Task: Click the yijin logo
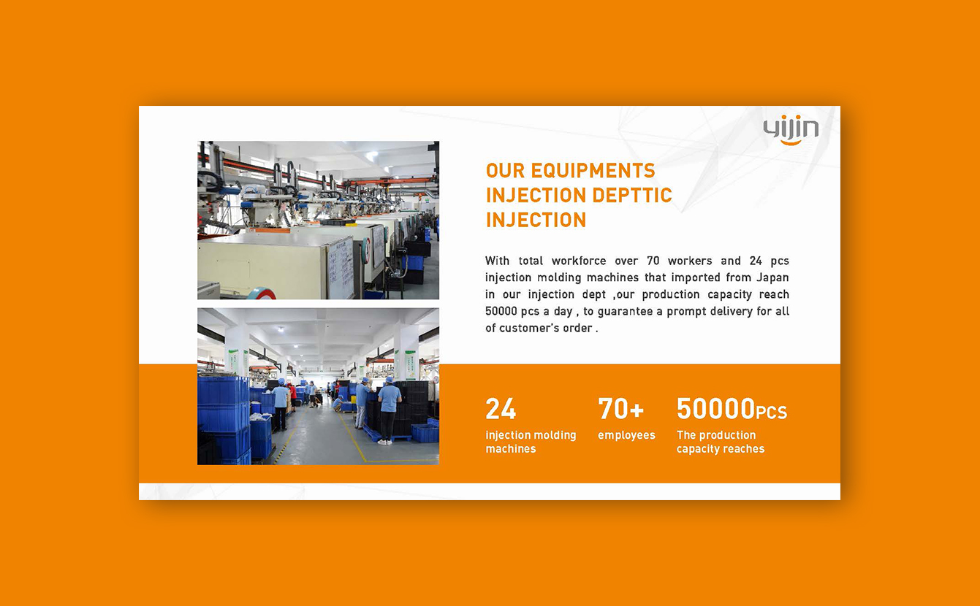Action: [791, 130]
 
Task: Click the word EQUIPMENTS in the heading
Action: [593, 171]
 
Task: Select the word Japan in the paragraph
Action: [772, 277]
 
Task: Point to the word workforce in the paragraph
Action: [579, 261]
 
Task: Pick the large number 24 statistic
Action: [501, 409]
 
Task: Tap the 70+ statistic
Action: [620, 409]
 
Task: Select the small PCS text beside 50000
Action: [772, 413]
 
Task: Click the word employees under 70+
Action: [626, 435]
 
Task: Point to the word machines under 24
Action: [511, 449]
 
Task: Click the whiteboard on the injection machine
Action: [341, 267]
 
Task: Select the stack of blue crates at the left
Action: [224, 420]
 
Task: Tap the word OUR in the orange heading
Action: [505, 171]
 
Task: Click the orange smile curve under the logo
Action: [791, 142]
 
